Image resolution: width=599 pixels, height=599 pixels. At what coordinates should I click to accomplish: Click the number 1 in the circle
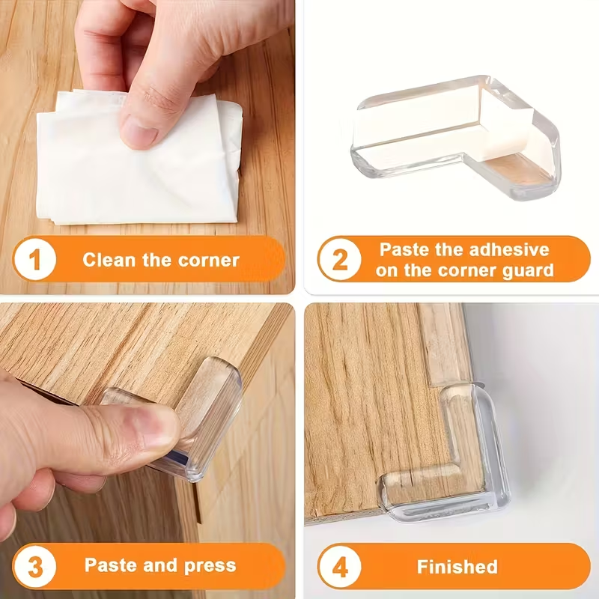tap(34, 261)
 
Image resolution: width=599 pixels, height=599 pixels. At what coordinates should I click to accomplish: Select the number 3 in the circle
tap(34, 565)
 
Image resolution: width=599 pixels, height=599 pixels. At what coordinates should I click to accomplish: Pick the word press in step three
tap(211, 565)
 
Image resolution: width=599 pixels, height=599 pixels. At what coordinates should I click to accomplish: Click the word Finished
tap(457, 567)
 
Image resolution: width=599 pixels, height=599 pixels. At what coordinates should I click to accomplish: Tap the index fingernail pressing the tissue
tap(140, 135)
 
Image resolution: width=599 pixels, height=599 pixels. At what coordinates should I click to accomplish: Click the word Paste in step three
tap(110, 565)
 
